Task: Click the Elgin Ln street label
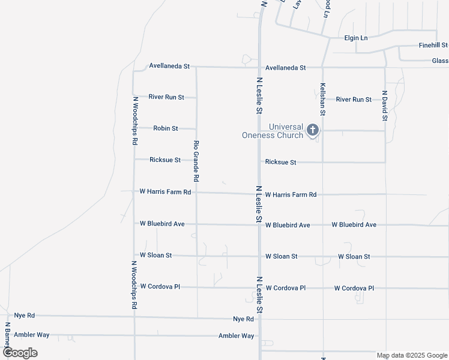pyautogui.click(x=355, y=38)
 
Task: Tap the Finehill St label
pyautogui.click(x=433, y=46)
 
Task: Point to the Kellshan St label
pyautogui.click(x=323, y=99)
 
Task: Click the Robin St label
pyautogui.click(x=165, y=128)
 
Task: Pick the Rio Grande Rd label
pyautogui.click(x=196, y=161)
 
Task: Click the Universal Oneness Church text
pyautogui.click(x=273, y=131)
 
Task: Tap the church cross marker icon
pyautogui.click(x=312, y=130)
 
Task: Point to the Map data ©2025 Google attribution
pyautogui.click(x=411, y=355)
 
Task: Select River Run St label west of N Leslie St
pyautogui.click(x=166, y=97)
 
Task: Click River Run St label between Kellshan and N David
pyautogui.click(x=354, y=100)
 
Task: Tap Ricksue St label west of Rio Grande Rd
pyautogui.click(x=165, y=160)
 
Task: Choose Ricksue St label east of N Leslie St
pyautogui.click(x=280, y=163)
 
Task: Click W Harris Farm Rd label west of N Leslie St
pyautogui.click(x=165, y=192)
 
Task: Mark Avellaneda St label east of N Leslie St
pyautogui.click(x=286, y=68)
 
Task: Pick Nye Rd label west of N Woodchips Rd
pyautogui.click(x=25, y=315)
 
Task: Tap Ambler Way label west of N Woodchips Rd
pyautogui.click(x=32, y=335)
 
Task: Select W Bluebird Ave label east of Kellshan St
pyautogui.click(x=354, y=225)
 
